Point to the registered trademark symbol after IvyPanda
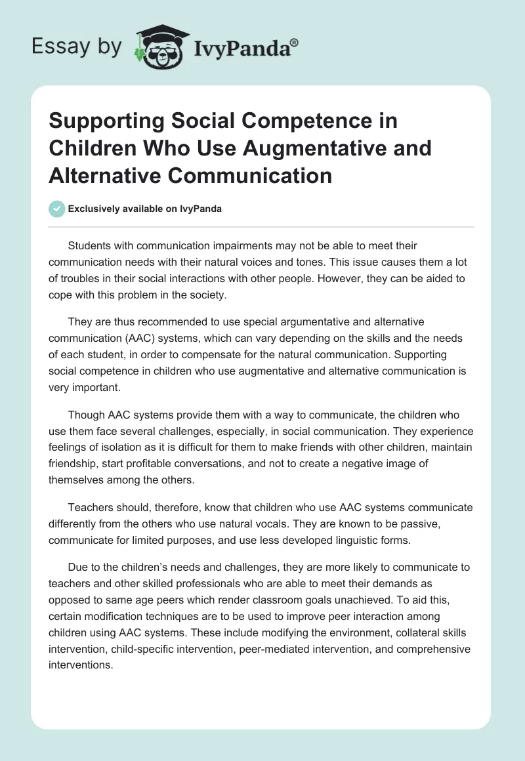(295, 42)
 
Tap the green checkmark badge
(56, 209)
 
